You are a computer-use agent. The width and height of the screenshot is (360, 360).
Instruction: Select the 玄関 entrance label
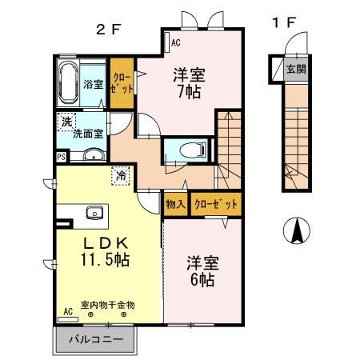coord(296,70)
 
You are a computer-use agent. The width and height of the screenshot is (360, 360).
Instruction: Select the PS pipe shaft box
coord(62,158)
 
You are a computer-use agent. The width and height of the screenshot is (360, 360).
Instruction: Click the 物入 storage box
coord(175,204)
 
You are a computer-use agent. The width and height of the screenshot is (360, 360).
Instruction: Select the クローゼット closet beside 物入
coord(214,204)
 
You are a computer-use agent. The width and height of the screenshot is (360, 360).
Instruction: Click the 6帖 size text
coord(201,280)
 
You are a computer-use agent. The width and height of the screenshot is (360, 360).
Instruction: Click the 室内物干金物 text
coord(107,305)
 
